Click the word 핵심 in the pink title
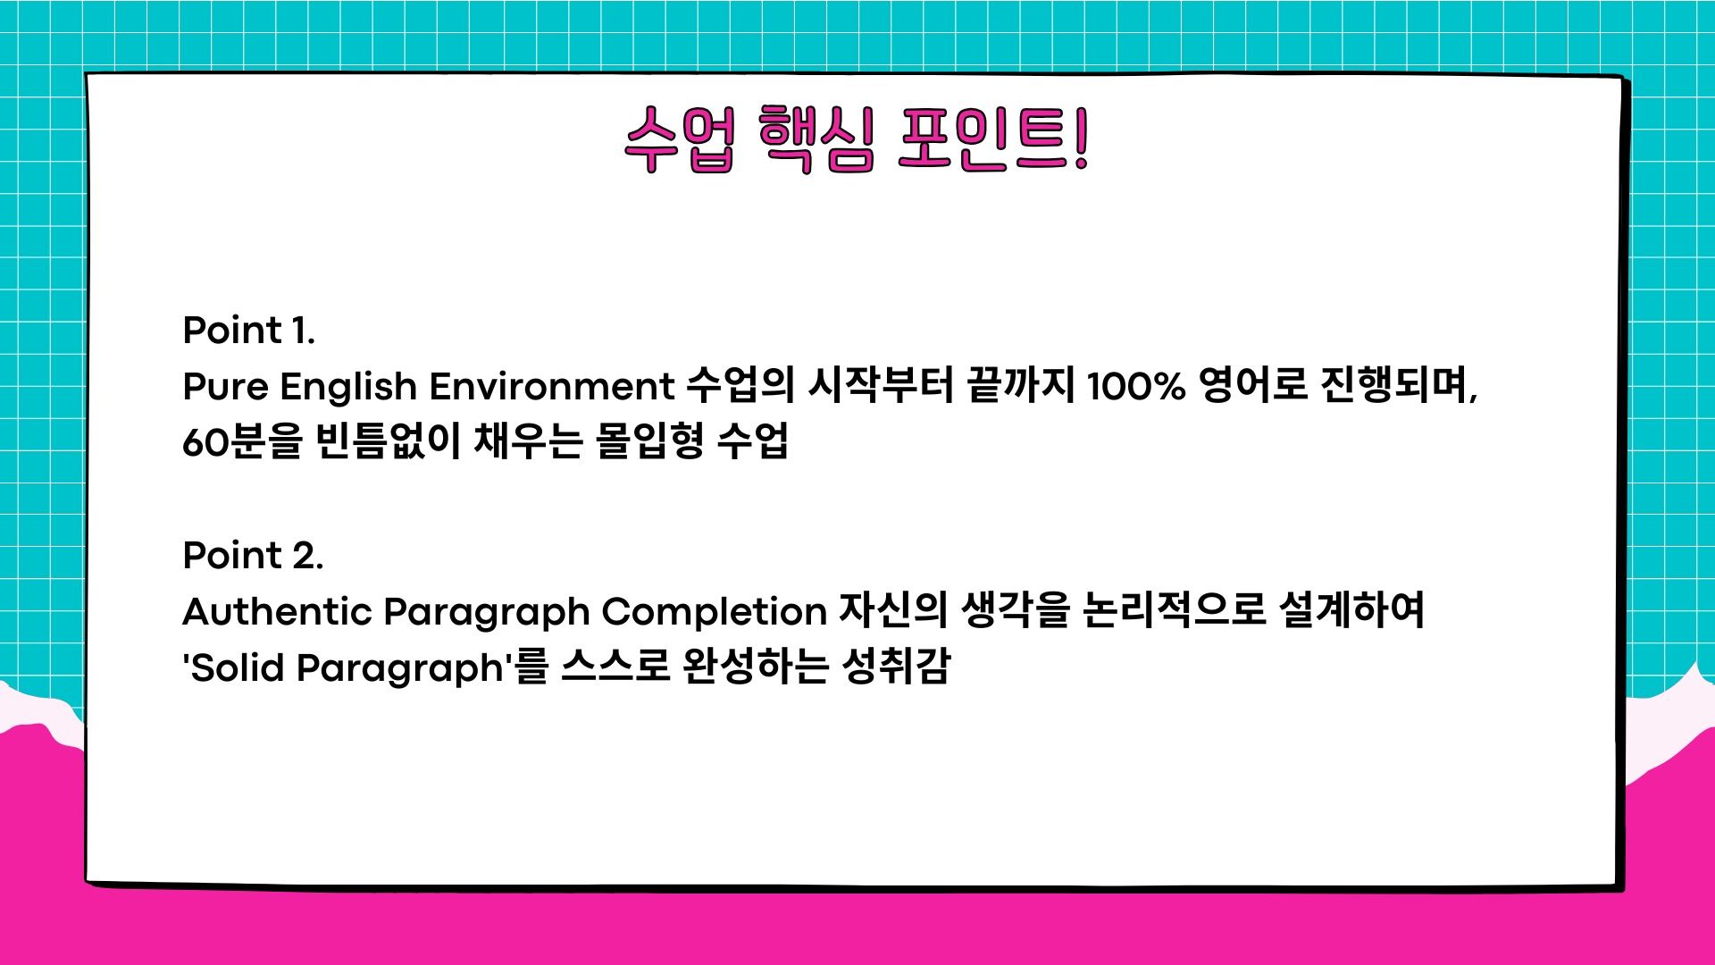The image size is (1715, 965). point(816,139)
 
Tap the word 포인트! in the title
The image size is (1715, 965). point(993,139)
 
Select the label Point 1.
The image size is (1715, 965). point(249,331)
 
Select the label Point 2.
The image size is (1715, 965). point(253,556)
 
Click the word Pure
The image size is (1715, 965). point(225,387)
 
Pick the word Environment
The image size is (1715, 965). point(552,387)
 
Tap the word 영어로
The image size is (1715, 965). point(1253,387)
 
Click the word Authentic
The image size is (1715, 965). point(277,612)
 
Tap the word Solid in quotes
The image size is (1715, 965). point(238,667)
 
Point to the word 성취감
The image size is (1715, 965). point(896,667)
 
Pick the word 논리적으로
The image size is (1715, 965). point(1175,611)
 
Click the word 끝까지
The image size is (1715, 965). point(1020,387)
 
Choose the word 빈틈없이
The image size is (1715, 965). point(389,441)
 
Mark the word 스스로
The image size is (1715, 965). point(616,667)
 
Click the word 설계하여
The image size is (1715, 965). point(1352,611)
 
